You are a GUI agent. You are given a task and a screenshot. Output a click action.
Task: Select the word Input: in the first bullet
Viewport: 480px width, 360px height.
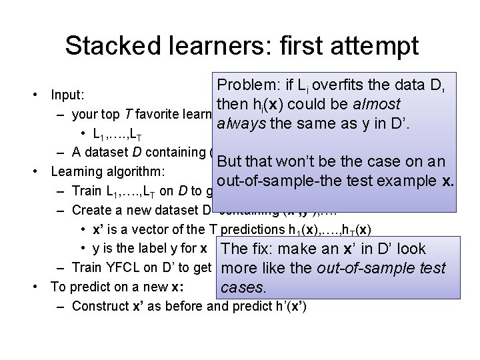coord(69,95)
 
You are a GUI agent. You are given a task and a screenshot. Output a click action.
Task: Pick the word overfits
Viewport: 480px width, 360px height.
coord(344,85)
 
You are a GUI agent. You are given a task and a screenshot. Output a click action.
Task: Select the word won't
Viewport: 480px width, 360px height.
coord(300,162)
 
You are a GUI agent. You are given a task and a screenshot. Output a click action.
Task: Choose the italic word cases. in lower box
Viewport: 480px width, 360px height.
coord(243,288)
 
